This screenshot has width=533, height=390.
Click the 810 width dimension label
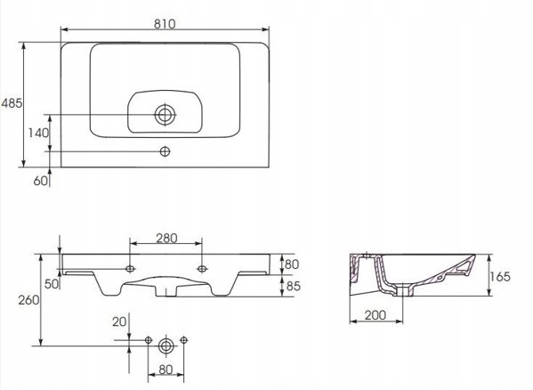[165, 24]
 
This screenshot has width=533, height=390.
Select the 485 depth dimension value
[12, 103]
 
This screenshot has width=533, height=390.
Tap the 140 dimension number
[38, 133]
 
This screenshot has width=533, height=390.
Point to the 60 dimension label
[40, 181]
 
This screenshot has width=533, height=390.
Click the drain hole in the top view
[166, 115]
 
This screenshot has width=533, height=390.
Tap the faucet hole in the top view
[165, 151]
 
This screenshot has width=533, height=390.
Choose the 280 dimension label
[166, 239]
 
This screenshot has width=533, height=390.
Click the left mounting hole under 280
[130, 269]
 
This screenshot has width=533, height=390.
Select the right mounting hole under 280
[202, 269]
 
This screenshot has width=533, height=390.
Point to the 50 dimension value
[52, 284]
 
